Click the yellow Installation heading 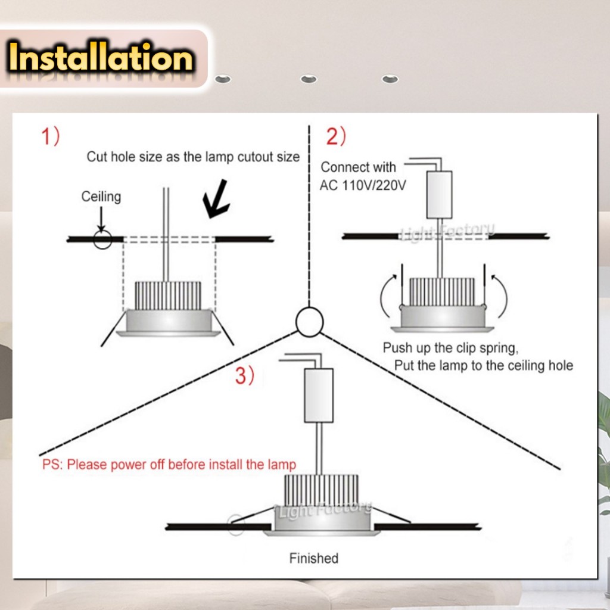[100, 58]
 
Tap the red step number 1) [51, 136]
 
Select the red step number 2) [336, 136]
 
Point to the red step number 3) [245, 375]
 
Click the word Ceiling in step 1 [101, 197]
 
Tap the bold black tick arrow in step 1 [216, 199]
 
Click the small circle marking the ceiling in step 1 [102, 239]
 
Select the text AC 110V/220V [363, 186]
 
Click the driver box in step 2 [439, 195]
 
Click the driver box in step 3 [319, 396]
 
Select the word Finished [313, 558]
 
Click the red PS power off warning [169, 465]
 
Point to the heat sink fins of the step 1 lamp [168, 295]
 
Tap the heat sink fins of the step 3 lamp [321, 490]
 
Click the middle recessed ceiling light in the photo [309, 79]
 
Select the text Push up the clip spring [450, 348]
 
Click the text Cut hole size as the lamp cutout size [193, 157]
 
